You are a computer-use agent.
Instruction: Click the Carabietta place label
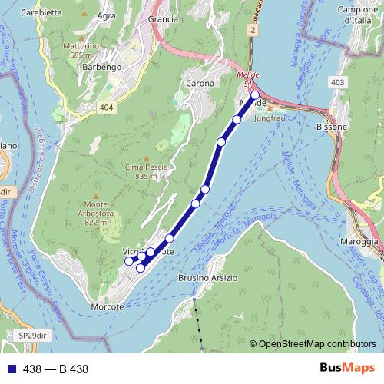tap(42, 13)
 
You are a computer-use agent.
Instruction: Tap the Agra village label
tap(107, 15)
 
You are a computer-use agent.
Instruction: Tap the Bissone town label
tap(332, 127)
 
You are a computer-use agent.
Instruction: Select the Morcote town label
tap(107, 306)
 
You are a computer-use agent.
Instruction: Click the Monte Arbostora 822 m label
tap(98, 217)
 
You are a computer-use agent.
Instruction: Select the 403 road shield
tap(336, 81)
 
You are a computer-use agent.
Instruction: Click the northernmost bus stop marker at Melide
tap(255, 95)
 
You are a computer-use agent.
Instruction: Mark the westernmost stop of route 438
tap(129, 261)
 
